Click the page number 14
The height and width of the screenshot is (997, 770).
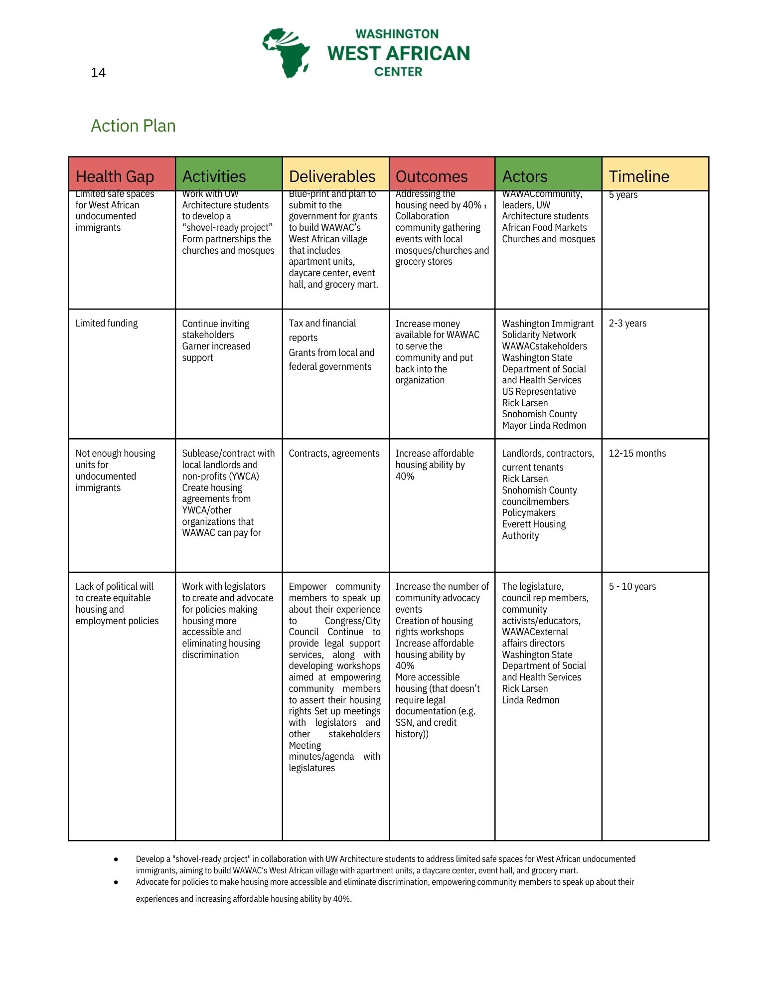(x=98, y=73)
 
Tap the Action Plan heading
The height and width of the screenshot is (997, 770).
(x=133, y=126)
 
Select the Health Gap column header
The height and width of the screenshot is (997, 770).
(x=115, y=176)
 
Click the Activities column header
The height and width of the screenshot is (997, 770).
(x=214, y=176)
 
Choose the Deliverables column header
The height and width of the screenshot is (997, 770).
(x=332, y=176)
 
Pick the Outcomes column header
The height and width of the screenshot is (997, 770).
(x=432, y=176)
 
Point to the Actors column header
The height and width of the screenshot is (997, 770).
(x=524, y=176)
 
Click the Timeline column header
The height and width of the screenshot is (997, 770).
(x=639, y=176)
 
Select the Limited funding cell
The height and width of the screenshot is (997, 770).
(x=107, y=323)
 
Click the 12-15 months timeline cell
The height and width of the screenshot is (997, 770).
(x=637, y=453)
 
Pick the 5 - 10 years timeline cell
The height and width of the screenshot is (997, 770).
(x=632, y=586)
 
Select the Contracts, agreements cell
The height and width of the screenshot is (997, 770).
(x=334, y=453)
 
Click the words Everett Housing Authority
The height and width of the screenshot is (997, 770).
(x=533, y=529)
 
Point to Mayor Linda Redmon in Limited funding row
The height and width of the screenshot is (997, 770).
(x=544, y=425)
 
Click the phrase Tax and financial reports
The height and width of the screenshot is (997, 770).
(x=322, y=330)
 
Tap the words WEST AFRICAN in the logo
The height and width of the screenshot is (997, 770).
(x=399, y=53)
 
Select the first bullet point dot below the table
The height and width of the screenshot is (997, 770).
(x=116, y=859)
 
